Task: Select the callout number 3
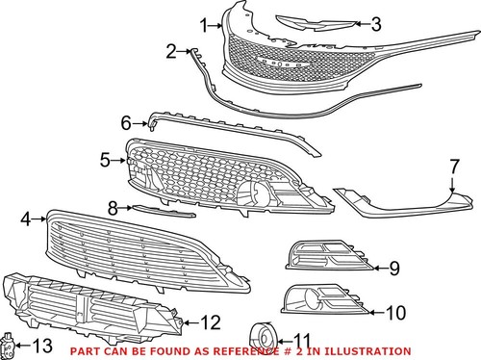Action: coord(376,24)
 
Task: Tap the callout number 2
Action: coord(171,51)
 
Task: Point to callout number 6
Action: coord(125,123)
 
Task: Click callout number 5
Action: coord(106,160)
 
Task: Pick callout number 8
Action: coord(113,207)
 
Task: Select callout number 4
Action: coord(26,219)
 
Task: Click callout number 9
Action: coord(393,267)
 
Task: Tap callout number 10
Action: coord(395,311)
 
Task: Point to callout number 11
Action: coord(303,339)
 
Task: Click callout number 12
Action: coord(211,321)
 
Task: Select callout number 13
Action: coord(43,345)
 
